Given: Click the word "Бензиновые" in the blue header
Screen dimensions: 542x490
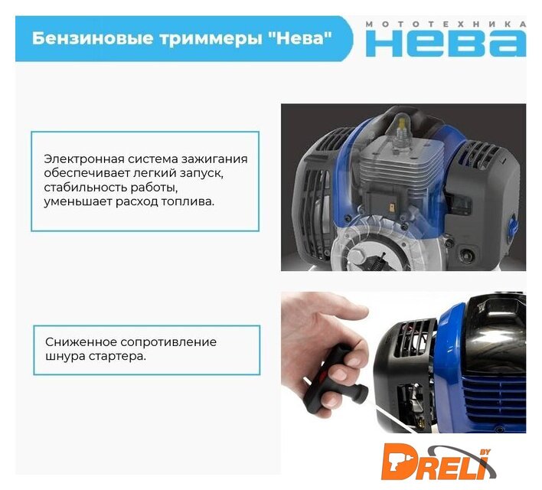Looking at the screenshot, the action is pyautogui.click(x=93, y=38).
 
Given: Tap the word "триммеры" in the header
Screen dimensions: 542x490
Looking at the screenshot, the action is pyautogui.click(x=211, y=39).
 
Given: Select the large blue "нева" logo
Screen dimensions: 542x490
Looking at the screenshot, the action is pyautogui.click(x=446, y=43).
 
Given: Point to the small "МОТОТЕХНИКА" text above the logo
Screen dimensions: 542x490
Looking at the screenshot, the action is pyautogui.click(x=446, y=24).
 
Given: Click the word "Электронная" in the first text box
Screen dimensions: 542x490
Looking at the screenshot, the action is pyautogui.click(x=84, y=159).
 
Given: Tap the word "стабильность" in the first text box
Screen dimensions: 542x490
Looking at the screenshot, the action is pyautogui.click(x=86, y=187).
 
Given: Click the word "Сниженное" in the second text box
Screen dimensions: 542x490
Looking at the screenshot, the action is pyautogui.click(x=81, y=342).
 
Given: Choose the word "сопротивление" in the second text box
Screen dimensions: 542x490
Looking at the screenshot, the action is pyautogui.click(x=168, y=342).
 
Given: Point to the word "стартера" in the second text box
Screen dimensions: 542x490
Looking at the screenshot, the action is pyautogui.click(x=118, y=357).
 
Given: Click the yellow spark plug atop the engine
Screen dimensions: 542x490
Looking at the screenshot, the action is pyautogui.click(x=402, y=129).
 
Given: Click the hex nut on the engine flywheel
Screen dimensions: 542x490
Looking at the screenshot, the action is pyautogui.click(x=356, y=257).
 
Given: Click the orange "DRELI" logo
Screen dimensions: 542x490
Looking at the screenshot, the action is pyautogui.click(x=437, y=462).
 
